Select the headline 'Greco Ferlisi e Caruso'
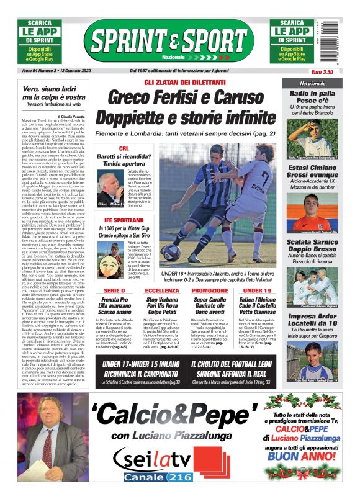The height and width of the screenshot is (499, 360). (x=185, y=97)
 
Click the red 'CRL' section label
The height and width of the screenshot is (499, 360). (x=124, y=148)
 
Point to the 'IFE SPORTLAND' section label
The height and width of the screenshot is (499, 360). (x=122, y=220)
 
